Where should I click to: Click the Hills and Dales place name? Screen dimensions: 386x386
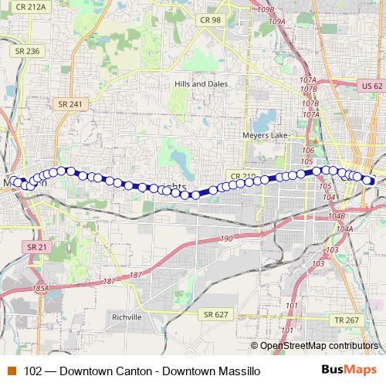(198, 82)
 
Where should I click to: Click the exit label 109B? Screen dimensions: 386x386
(266, 9)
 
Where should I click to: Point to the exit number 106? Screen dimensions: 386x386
(308, 150)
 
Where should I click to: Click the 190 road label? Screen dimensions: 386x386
(226, 239)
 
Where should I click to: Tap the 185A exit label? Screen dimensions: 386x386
(40, 288)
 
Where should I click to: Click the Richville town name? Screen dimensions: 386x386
(126, 317)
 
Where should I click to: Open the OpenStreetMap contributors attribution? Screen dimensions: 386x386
(320, 346)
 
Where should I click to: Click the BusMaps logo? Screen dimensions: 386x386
(355, 371)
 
